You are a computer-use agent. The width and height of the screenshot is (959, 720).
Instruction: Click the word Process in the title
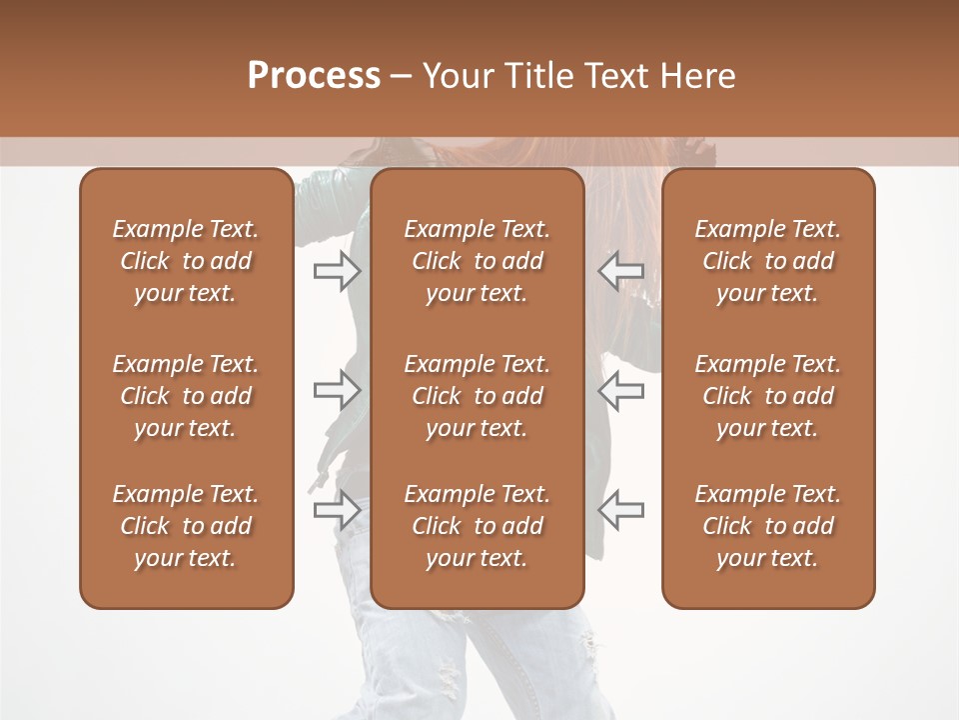[x=314, y=76]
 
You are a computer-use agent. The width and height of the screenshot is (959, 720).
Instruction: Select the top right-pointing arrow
[x=337, y=271]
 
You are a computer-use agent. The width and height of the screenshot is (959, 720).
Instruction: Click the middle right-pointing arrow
[x=337, y=390]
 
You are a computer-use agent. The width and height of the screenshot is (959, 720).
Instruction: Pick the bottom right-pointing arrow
[x=337, y=509]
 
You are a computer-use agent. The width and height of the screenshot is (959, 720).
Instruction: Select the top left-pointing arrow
[x=620, y=271]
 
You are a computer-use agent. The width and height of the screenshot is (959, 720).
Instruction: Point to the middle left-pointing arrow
[x=620, y=390]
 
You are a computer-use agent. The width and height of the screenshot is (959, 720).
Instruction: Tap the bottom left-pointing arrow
[x=620, y=509]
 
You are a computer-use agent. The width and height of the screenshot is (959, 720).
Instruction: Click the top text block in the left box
[x=186, y=261]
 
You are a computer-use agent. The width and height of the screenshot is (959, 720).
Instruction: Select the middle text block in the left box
[x=186, y=396]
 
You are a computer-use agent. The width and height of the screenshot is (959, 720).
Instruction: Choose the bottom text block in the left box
[x=186, y=526]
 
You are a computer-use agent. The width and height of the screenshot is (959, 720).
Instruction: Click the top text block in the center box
[x=477, y=261]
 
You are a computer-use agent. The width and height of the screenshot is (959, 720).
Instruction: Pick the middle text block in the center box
[x=477, y=396]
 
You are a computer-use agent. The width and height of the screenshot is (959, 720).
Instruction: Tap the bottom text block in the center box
[x=477, y=526]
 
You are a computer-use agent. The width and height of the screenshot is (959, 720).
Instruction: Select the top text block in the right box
[x=767, y=261]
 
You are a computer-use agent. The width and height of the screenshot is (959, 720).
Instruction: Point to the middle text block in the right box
[x=767, y=396]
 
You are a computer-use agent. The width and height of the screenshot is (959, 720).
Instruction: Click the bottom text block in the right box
[x=767, y=526]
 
